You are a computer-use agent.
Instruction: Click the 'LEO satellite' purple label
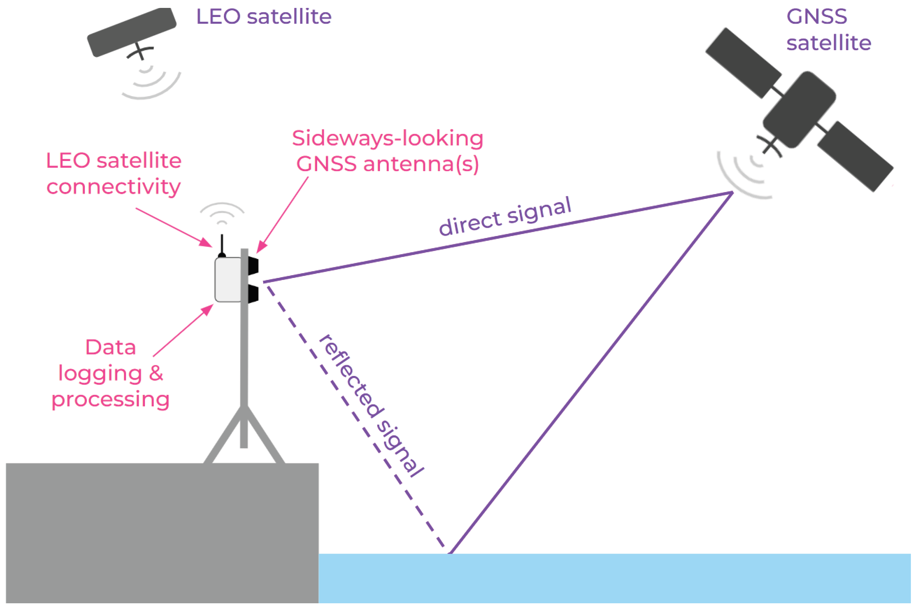(263, 17)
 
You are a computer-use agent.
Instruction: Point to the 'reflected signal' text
(371, 405)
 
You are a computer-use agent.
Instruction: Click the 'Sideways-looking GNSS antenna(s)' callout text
(388, 151)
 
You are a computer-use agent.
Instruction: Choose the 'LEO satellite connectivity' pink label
(114, 173)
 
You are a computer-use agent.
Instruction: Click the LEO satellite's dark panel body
(132, 32)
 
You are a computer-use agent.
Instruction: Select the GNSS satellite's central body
(799, 110)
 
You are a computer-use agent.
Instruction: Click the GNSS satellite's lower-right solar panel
(855, 156)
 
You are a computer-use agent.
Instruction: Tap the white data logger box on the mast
(228, 280)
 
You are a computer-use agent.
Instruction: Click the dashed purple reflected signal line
(356, 415)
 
